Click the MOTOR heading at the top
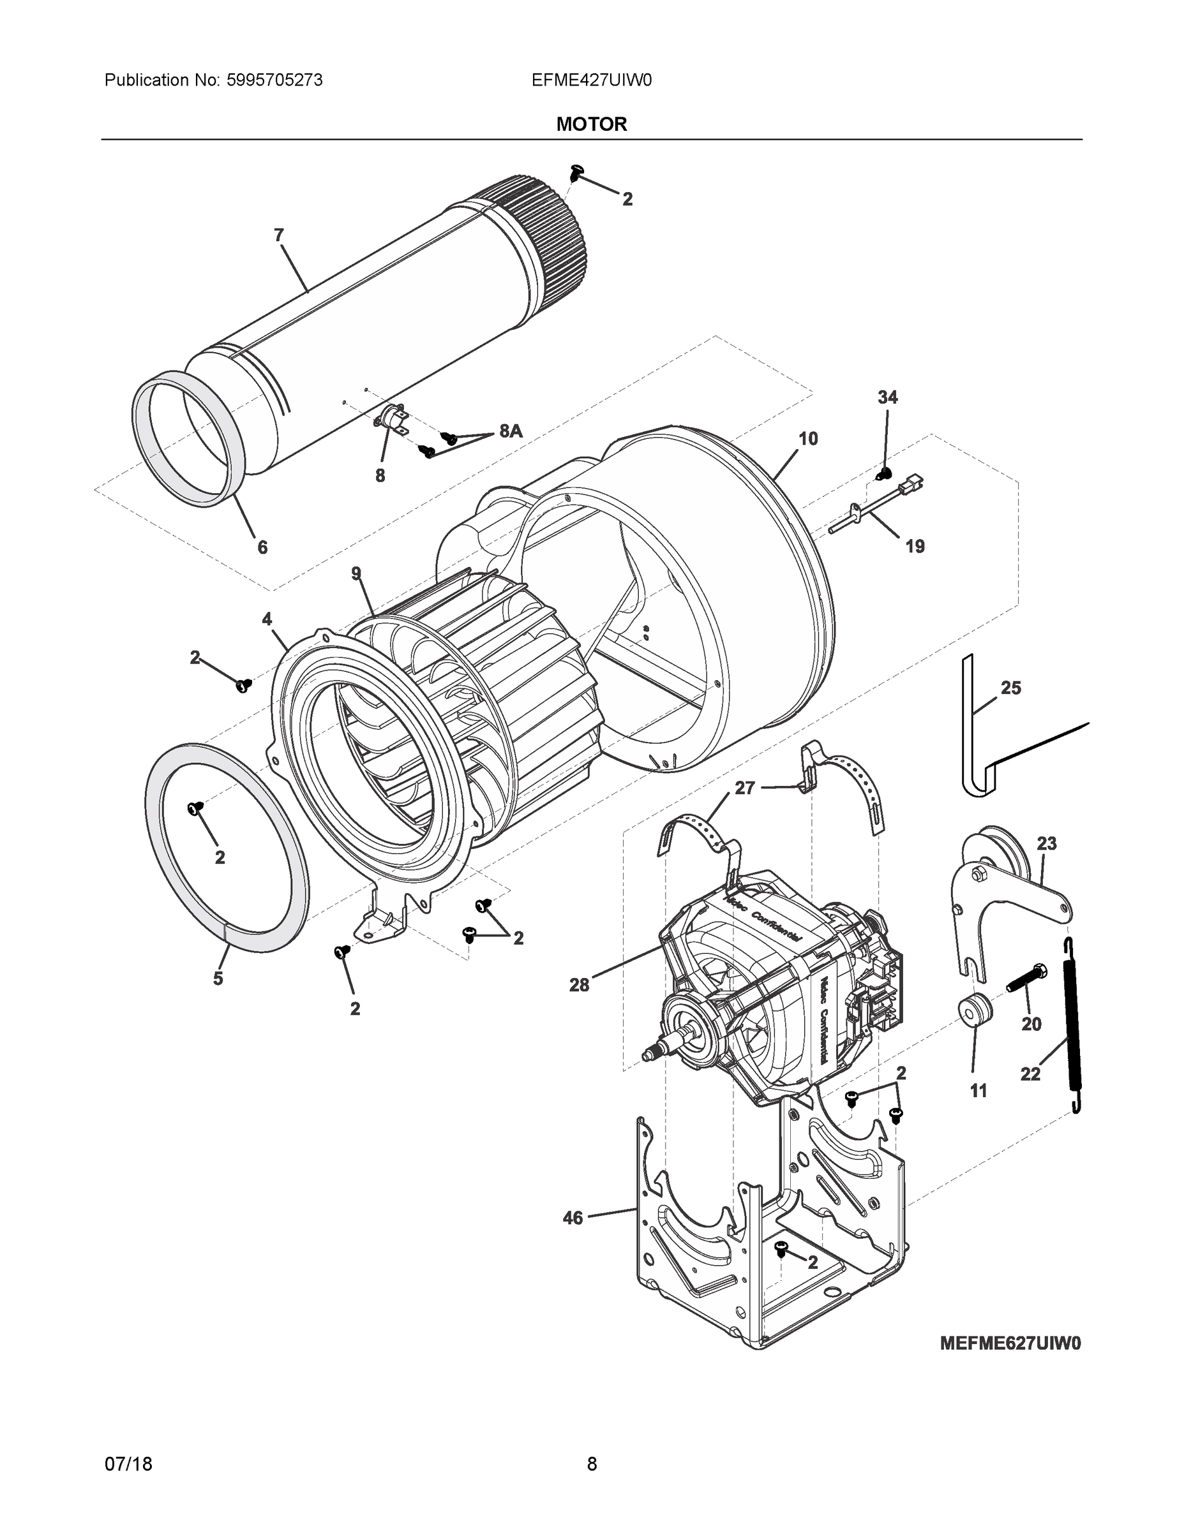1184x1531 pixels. (x=591, y=124)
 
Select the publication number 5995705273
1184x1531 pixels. (x=274, y=80)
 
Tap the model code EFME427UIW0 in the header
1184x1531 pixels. (x=591, y=80)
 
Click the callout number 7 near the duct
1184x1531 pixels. (x=278, y=235)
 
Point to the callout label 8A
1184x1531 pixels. (x=511, y=431)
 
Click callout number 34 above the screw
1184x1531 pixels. (x=887, y=397)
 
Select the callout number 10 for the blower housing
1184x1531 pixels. (x=808, y=439)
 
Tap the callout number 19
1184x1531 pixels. (x=915, y=546)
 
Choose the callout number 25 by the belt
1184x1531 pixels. (x=1010, y=688)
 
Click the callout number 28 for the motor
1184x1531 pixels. (x=579, y=985)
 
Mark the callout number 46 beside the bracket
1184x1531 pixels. (x=573, y=1218)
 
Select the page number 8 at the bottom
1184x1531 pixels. (x=591, y=1464)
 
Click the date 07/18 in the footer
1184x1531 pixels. (x=128, y=1464)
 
